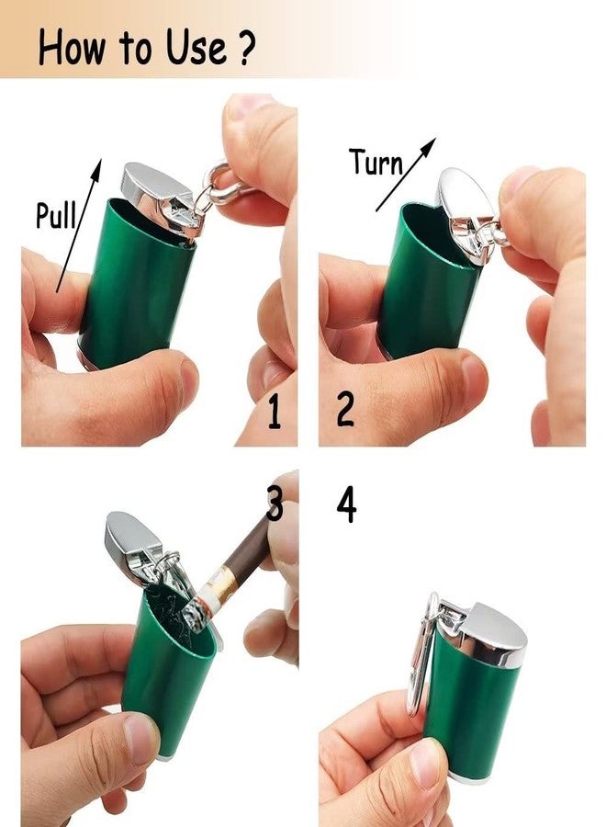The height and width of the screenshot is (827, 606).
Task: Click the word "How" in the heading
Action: [71, 48]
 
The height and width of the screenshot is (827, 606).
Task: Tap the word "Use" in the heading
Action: [196, 48]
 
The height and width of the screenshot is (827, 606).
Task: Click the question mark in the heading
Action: [245, 48]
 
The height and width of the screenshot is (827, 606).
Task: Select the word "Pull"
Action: [56, 215]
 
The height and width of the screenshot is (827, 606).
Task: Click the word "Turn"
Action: [376, 162]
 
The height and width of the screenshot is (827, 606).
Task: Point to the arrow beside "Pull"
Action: [79, 225]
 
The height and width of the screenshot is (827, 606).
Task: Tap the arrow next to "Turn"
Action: [406, 175]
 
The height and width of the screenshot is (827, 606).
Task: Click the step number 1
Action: [274, 412]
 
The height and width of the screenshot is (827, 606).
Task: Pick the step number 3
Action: [275, 504]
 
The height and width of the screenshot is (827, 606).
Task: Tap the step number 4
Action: [346, 504]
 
